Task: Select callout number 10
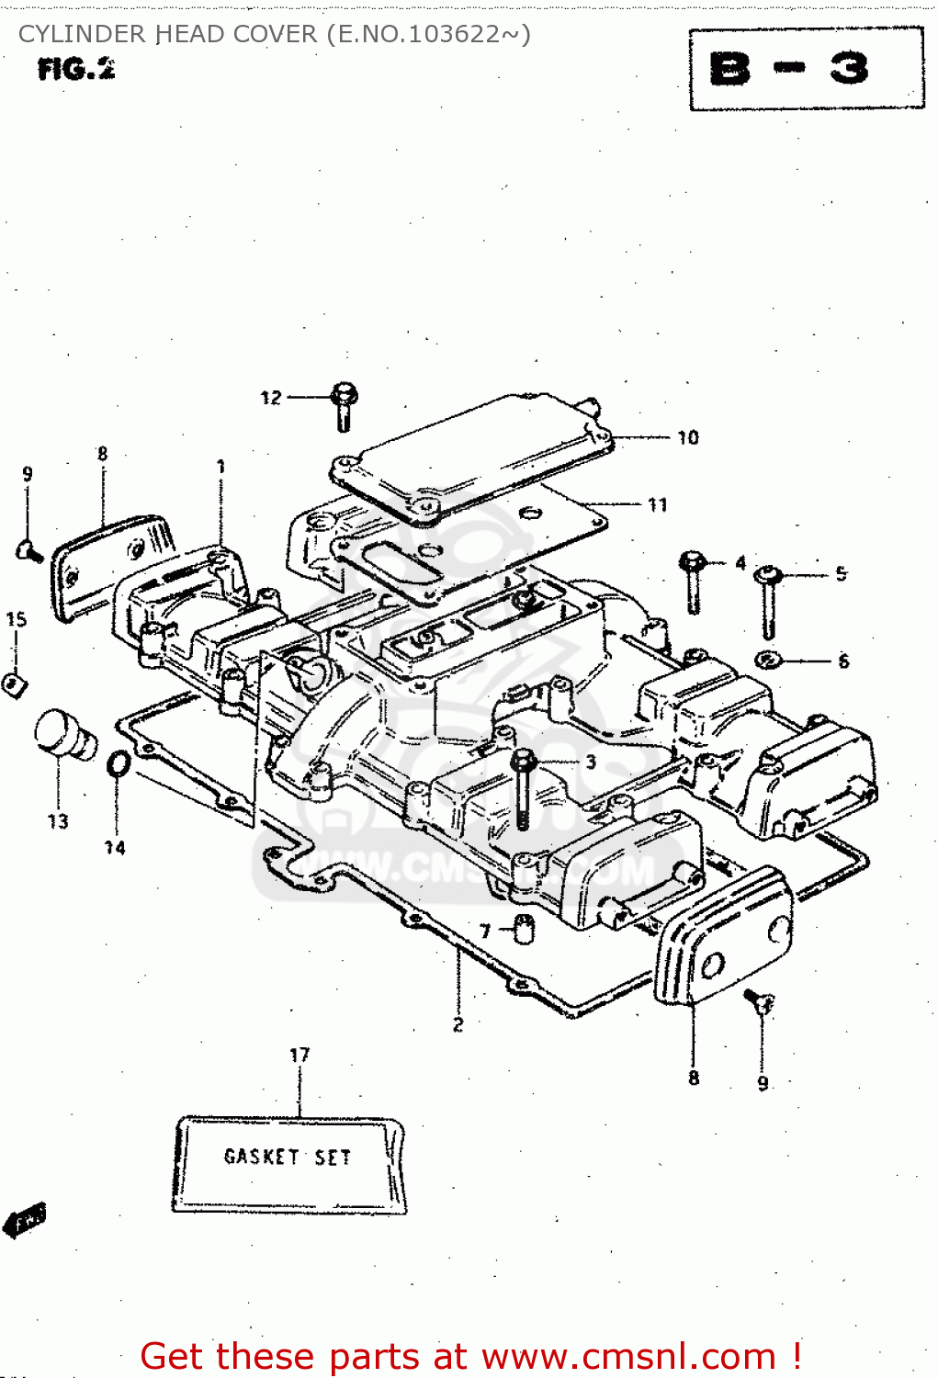(x=688, y=438)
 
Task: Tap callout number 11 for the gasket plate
(x=658, y=504)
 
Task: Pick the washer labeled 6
(x=768, y=660)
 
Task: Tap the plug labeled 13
(x=64, y=735)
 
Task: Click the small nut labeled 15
(x=13, y=684)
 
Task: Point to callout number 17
(x=299, y=1055)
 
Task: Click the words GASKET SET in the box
(x=288, y=1157)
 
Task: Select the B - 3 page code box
(x=806, y=69)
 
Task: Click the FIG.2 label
(x=76, y=69)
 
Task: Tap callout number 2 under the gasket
(x=458, y=1023)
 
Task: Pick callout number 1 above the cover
(x=220, y=467)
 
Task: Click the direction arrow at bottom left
(x=25, y=1220)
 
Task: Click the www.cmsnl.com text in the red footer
(x=629, y=1356)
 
